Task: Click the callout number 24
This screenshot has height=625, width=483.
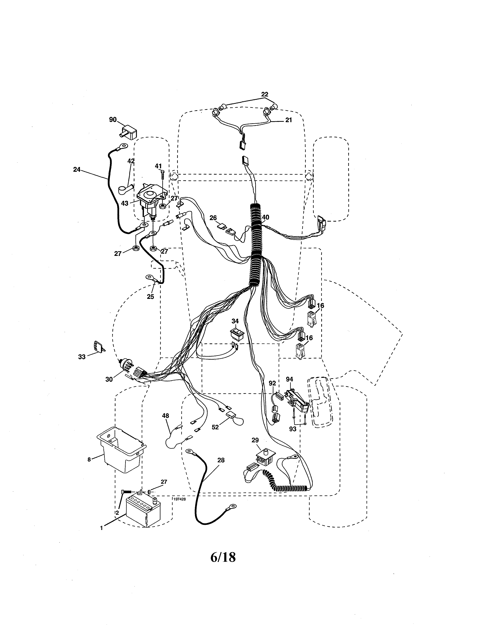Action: click(77, 170)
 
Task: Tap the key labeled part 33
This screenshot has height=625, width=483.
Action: click(98, 347)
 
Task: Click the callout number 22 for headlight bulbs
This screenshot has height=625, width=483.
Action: click(265, 94)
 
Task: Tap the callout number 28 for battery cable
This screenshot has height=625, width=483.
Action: click(221, 460)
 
